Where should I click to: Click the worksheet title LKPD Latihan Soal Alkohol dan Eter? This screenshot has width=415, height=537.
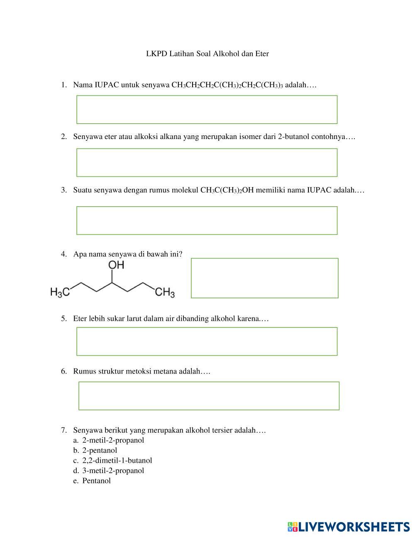coord(207,54)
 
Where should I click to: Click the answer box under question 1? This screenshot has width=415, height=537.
coord(207,110)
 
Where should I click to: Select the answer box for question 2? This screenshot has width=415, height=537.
coord(207,163)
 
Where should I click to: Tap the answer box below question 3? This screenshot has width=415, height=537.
coord(207,220)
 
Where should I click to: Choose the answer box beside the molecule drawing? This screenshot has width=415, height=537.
coord(264,278)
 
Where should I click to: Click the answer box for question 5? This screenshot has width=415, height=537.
coord(207,342)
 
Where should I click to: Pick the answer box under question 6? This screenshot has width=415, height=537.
coord(209,396)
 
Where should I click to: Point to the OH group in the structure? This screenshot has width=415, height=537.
coord(116,265)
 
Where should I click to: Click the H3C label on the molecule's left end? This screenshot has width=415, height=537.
coord(59,293)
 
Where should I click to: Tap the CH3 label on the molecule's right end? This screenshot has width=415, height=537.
coord(165,293)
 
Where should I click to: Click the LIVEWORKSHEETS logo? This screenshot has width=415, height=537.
coord(348,527)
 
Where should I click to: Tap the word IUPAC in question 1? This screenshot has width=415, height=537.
coord(107,85)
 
